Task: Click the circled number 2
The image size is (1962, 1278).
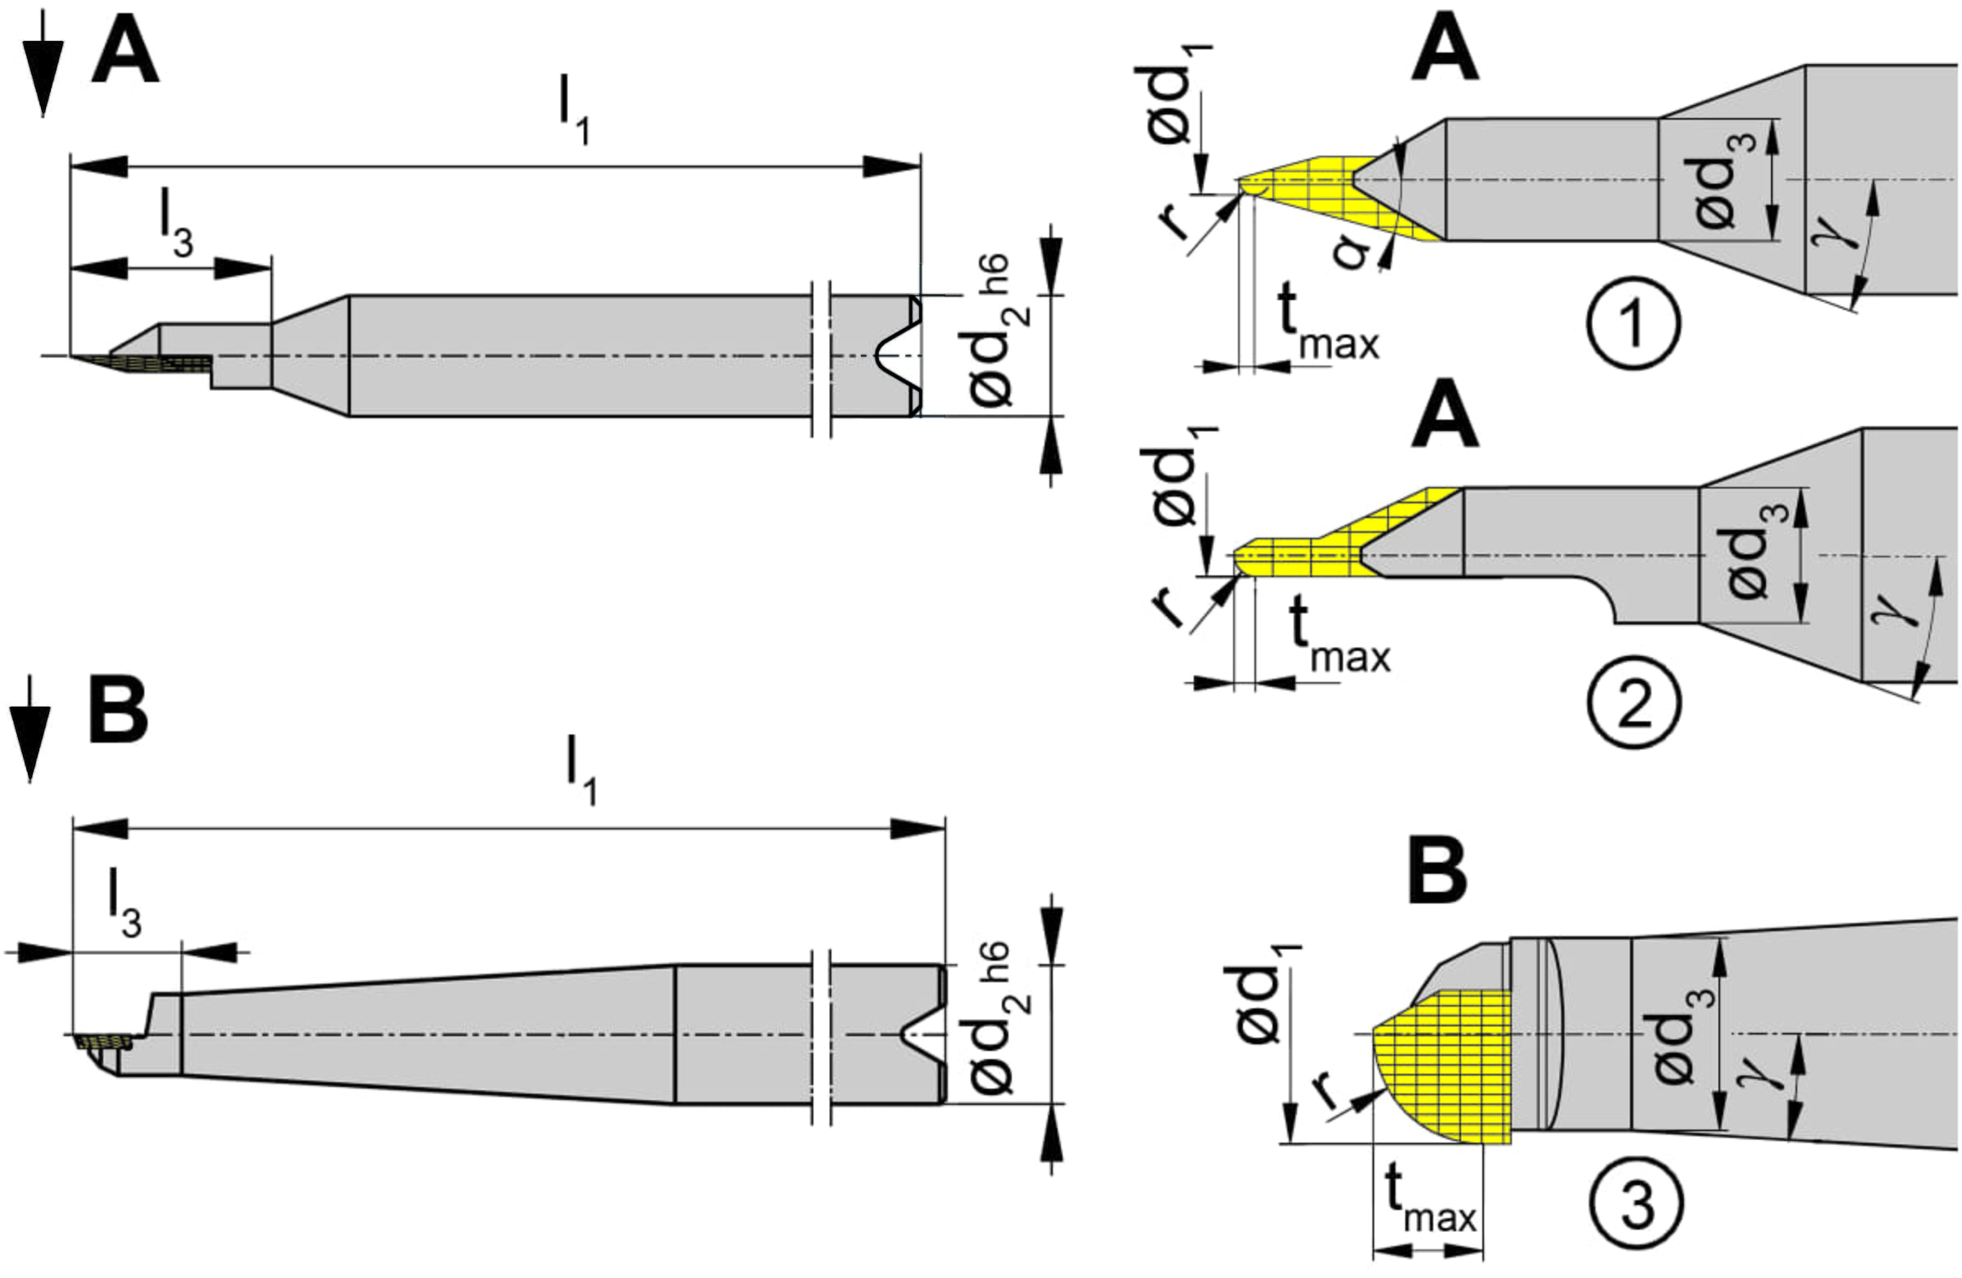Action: (1635, 702)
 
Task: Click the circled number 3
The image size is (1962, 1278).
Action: (1637, 1204)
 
